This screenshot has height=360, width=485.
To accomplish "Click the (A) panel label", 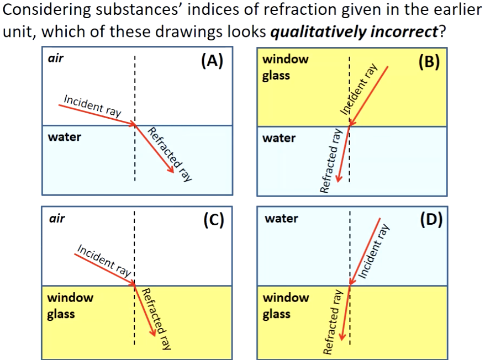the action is (212, 61).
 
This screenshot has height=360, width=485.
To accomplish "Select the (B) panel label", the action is (429, 62).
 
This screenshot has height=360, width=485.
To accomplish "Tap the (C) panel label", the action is (213, 220).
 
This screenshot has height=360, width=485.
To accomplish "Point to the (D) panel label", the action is (431, 220).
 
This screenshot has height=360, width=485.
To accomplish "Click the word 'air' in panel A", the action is (56, 58).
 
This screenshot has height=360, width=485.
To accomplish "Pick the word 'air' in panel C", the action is (57, 218).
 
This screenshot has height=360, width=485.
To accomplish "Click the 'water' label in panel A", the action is (64, 137).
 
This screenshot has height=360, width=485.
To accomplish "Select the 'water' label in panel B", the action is (279, 138).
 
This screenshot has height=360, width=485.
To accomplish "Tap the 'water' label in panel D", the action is (282, 218).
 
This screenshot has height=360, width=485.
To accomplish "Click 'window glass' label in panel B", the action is (285, 67).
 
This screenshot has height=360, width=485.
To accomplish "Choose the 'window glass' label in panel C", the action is (70, 305).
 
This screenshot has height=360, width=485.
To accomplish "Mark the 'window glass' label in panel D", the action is (286, 305).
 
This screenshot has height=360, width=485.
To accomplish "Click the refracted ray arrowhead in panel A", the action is (171, 169).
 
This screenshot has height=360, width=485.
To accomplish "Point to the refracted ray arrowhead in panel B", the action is (339, 178).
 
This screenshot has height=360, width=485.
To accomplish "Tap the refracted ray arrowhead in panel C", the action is (152, 331).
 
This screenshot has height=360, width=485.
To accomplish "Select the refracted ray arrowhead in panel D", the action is (342, 336).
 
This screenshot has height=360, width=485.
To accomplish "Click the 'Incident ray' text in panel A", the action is (92, 107).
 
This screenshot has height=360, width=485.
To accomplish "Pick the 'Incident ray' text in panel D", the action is (373, 252).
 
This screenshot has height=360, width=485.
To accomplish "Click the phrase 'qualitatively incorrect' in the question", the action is (354, 32).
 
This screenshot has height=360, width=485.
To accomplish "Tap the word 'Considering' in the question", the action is (47, 10).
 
